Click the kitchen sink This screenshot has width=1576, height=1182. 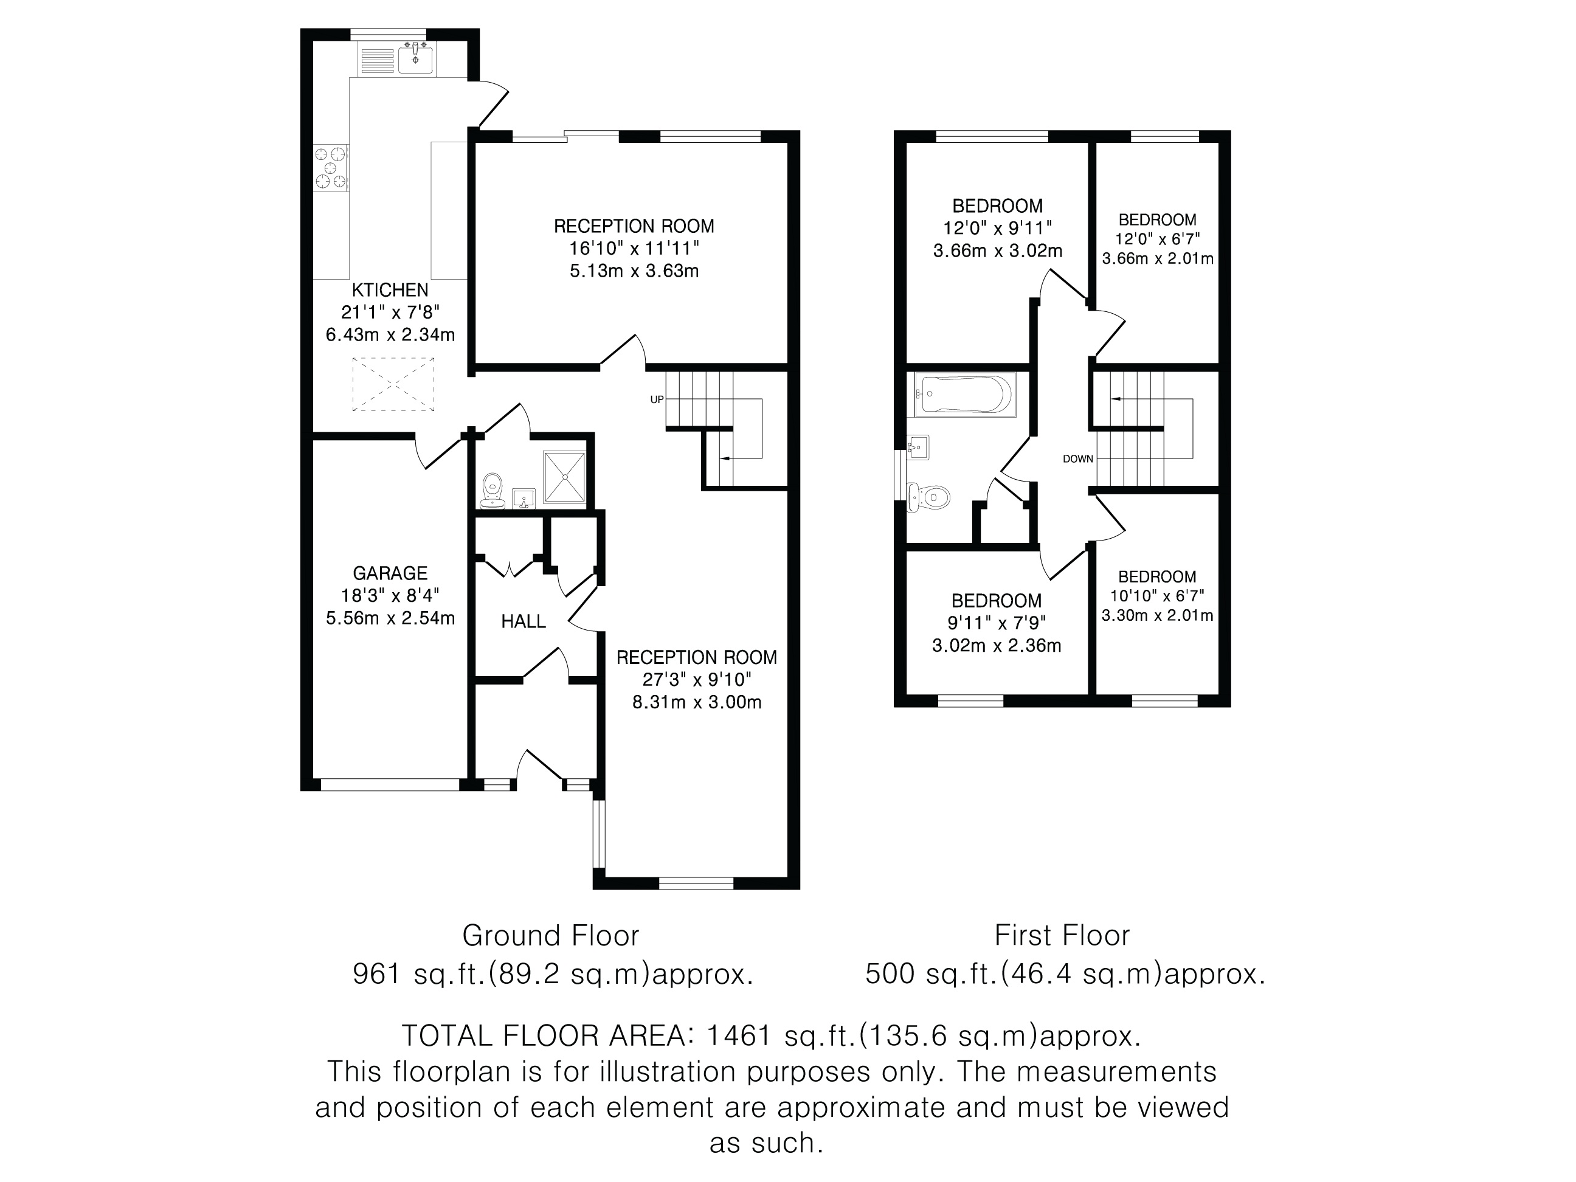coord(415,57)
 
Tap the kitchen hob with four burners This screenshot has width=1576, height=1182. coord(331,168)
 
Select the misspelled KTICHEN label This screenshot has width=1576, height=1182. coord(390,290)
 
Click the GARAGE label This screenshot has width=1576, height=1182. coord(390,573)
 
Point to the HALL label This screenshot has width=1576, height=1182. coord(524,621)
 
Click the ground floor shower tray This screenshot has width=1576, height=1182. coord(564,477)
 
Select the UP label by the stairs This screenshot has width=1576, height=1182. coord(657,399)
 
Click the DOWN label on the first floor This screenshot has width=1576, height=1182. coord(1078,459)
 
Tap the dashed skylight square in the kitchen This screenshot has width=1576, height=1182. coord(393,385)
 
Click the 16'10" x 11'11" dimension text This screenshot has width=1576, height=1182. coord(634,249)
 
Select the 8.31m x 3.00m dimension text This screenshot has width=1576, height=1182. coord(697,702)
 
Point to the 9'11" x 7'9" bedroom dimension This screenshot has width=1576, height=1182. coord(997,623)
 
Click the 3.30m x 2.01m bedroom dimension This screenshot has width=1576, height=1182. coord(1157,615)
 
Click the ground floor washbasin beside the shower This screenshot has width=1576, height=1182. coord(524,498)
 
